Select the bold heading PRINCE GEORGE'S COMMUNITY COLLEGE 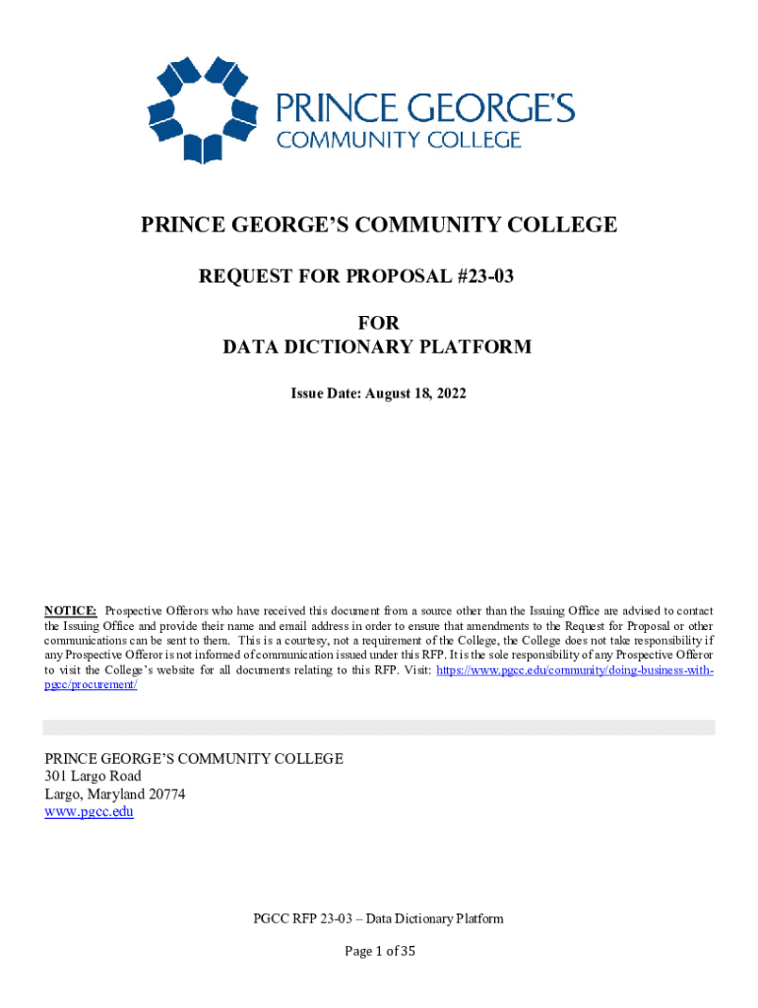click(x=379, y=225)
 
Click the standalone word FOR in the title click(x=378, y=323)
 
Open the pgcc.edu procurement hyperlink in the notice click(x=574, y=669)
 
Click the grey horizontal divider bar click(x=379, y=727)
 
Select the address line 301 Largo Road click(x=94, y=776)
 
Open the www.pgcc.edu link click(x=90, y=812)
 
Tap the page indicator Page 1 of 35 click(x=379, y=951)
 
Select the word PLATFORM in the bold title click(x=475, y=346)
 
